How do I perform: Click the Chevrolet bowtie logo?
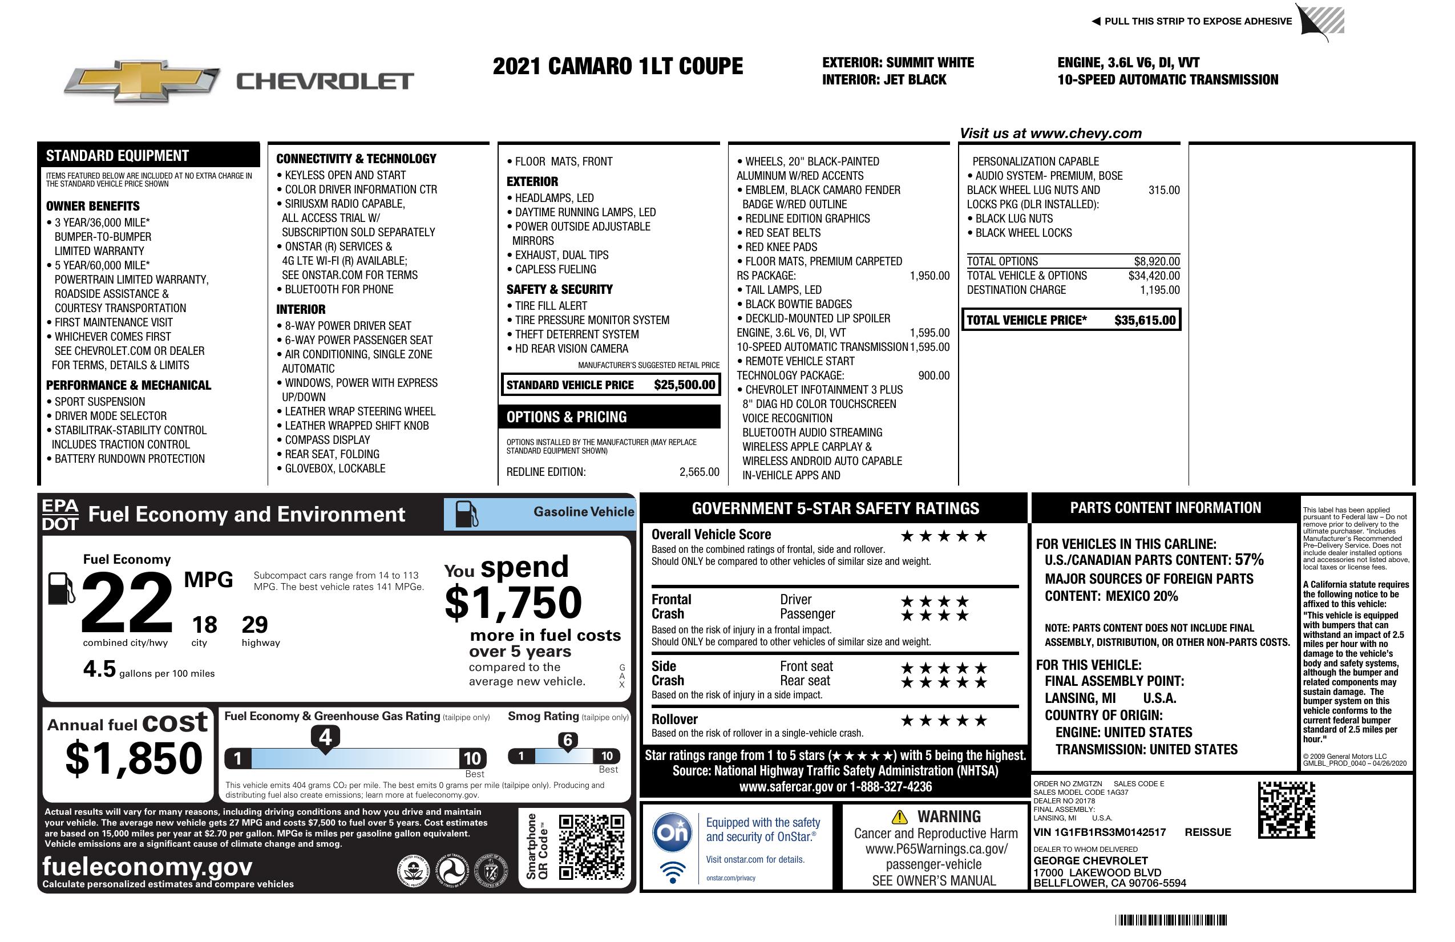point(142,80)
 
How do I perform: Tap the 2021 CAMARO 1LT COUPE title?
point(617,66)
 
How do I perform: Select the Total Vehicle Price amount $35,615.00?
point(1145,320)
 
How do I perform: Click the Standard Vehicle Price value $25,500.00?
point(684,385)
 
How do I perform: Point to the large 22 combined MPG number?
point(127,602)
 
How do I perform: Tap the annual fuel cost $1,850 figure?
point(134,758)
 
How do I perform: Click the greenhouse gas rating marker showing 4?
point(325,737)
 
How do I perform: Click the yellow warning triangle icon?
point(899,816)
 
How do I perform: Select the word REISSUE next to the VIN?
point(1207,832)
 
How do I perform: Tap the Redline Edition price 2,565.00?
point(699,472)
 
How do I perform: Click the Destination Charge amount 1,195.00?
point(1159,290)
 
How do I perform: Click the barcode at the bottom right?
point(1170,920)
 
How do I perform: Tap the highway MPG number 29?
point(254,625)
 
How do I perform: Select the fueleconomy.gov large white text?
point(147,867)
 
